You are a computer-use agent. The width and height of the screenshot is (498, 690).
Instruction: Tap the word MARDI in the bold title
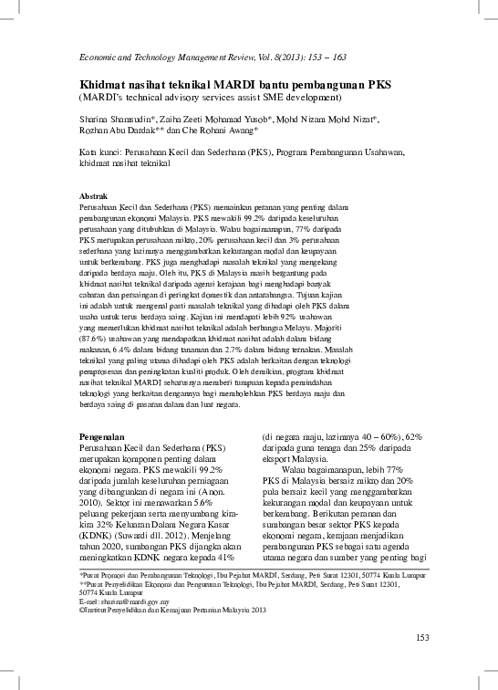tap(212, 84)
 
